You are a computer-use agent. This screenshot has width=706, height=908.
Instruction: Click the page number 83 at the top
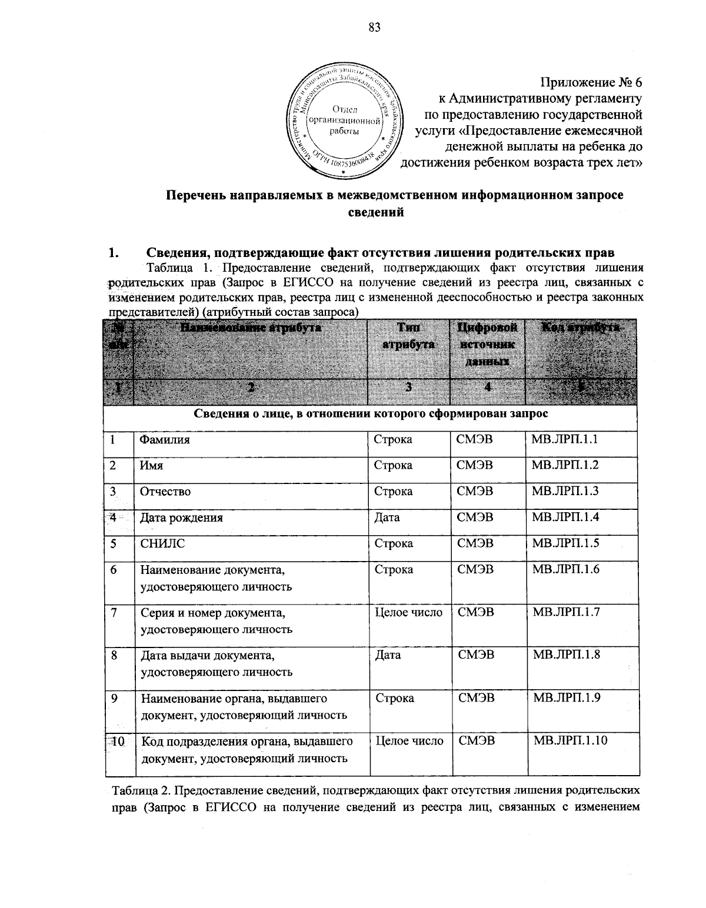coord(375,26)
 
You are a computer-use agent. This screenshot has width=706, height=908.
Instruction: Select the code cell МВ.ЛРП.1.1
coord(565,439)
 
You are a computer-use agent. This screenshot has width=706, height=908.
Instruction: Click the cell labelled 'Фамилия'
coord(164,439)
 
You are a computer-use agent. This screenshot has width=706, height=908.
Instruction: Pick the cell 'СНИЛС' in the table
coord(162,543)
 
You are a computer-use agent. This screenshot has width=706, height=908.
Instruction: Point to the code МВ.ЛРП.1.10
coord(570,741)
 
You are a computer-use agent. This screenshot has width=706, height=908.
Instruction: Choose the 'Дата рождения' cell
coord(181,518)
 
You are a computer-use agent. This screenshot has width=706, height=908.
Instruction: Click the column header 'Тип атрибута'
coord(408,336)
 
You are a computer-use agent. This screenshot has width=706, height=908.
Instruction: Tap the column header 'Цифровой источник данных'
coord(487,344)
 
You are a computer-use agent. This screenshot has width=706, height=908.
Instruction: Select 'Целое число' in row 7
coord(409,613)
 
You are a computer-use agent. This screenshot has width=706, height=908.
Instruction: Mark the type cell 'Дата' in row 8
coord(388,655)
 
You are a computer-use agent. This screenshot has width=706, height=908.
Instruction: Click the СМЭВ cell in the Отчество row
coord(475,491)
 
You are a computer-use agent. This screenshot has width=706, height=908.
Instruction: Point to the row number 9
coord(112,698)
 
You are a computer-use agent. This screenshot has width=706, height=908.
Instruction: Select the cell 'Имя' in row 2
coord(151,465)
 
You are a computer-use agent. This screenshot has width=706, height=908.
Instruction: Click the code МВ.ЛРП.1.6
coord(565,569)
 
